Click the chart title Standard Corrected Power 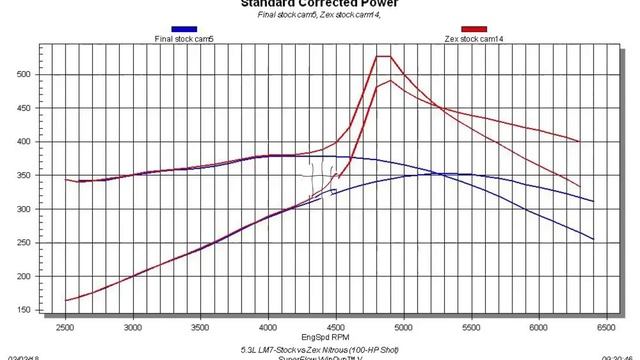click(319, 3)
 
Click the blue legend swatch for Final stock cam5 click(183, 30)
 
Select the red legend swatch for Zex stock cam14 click(474, 30)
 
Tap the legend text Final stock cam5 click(183, 40)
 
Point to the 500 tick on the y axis click(30, 75)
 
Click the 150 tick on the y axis click(30, 311)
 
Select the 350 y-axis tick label click(30, 176)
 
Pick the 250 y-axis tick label click(30, 243)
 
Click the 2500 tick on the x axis click(66, 327)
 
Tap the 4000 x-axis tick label click(269, 327)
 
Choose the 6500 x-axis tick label click(606, 327)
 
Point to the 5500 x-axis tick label click(471, 327)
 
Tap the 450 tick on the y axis click(30, 109)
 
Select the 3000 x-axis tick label click(133, 327)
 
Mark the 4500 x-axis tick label click(336, 327)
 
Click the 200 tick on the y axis click(30, 277)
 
